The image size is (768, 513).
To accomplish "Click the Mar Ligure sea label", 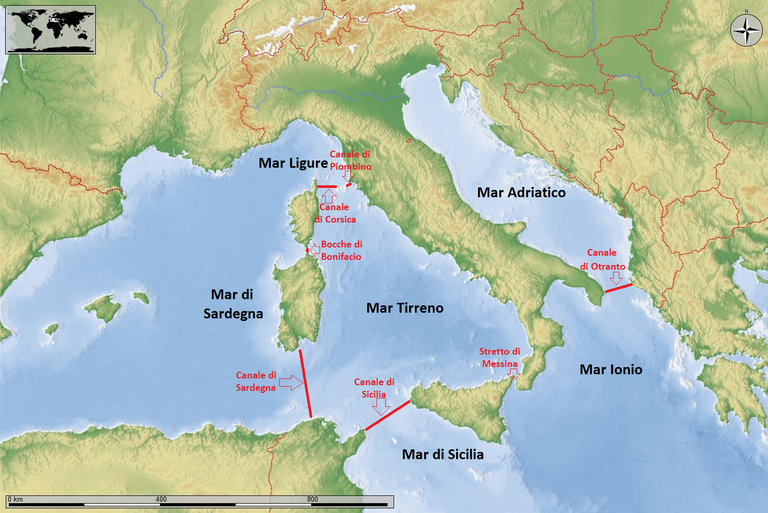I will (x=293, y=163).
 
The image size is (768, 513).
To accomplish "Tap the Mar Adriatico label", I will (x=521, y=193).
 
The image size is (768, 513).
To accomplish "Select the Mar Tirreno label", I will (x=404, y=308).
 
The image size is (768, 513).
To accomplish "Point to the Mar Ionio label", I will (x=611, y=370).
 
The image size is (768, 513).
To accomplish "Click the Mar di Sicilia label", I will (x=443, y=455).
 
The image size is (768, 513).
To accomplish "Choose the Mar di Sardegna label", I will (x=233, y=304).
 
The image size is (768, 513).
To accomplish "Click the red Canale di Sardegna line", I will (x=305, y=383).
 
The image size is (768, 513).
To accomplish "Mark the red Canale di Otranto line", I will (x=618, y=288).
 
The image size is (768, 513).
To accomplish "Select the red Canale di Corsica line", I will (x=327, y=186).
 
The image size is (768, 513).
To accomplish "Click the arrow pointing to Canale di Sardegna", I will (x=291, y=383).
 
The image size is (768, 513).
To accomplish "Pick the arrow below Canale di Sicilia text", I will (x=381, y=407).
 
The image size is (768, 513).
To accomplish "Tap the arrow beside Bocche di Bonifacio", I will (x=314, y=251).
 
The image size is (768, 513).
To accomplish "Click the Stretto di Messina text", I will (x=500, y=358).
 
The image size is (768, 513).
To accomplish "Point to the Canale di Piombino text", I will (x=351, y=160).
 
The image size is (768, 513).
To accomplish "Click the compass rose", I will (x=746, y=31).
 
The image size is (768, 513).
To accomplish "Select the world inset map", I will (x=50, y=30).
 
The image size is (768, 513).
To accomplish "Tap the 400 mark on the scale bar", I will (x=161, y=500).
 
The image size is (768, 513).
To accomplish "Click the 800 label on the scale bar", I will (x=312, y=500).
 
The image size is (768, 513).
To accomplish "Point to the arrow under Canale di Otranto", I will (x=616, y=278).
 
